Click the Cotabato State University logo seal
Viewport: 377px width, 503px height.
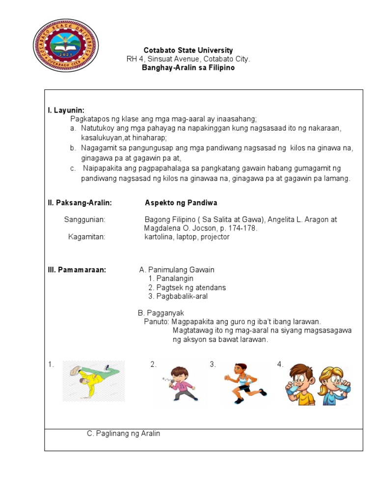65,46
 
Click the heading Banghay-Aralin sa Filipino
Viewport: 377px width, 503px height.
188,68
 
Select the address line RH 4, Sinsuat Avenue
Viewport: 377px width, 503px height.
188,59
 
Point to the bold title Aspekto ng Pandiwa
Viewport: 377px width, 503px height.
181,202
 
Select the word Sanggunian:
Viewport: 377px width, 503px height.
84,220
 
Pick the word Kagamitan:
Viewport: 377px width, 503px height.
87,237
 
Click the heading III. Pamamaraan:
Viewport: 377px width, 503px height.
77,270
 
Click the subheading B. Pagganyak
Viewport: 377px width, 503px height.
161,313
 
